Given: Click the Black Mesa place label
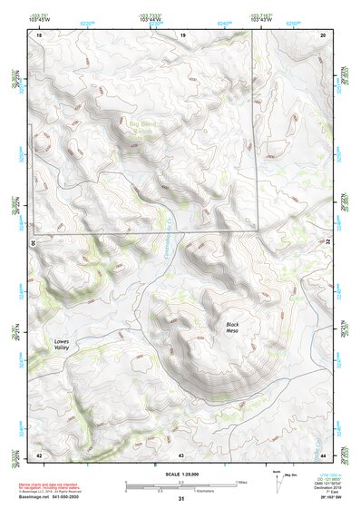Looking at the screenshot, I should (x=238, y=328).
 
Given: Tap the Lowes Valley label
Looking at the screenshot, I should (x=55, y=345).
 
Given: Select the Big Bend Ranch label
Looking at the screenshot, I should (x=143, y=128).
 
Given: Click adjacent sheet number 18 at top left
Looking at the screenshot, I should (x=39, y=34).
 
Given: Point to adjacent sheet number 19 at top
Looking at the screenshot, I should (x=182, y=34).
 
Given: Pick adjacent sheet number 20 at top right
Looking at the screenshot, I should (x=324, y=34).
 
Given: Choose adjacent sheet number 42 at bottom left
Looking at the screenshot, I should (x=39, y=454).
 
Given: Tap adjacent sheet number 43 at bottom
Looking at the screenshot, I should (x=181, y=454).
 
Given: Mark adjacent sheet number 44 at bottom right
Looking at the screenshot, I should (x=324, y=454).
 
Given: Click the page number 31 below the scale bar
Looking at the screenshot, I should (x=181, y=499).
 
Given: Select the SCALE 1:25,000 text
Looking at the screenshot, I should (x=180, y=474).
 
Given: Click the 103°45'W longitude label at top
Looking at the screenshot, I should (x=37, y=19).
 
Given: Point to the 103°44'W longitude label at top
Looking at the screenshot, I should (x=150, y=19).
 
